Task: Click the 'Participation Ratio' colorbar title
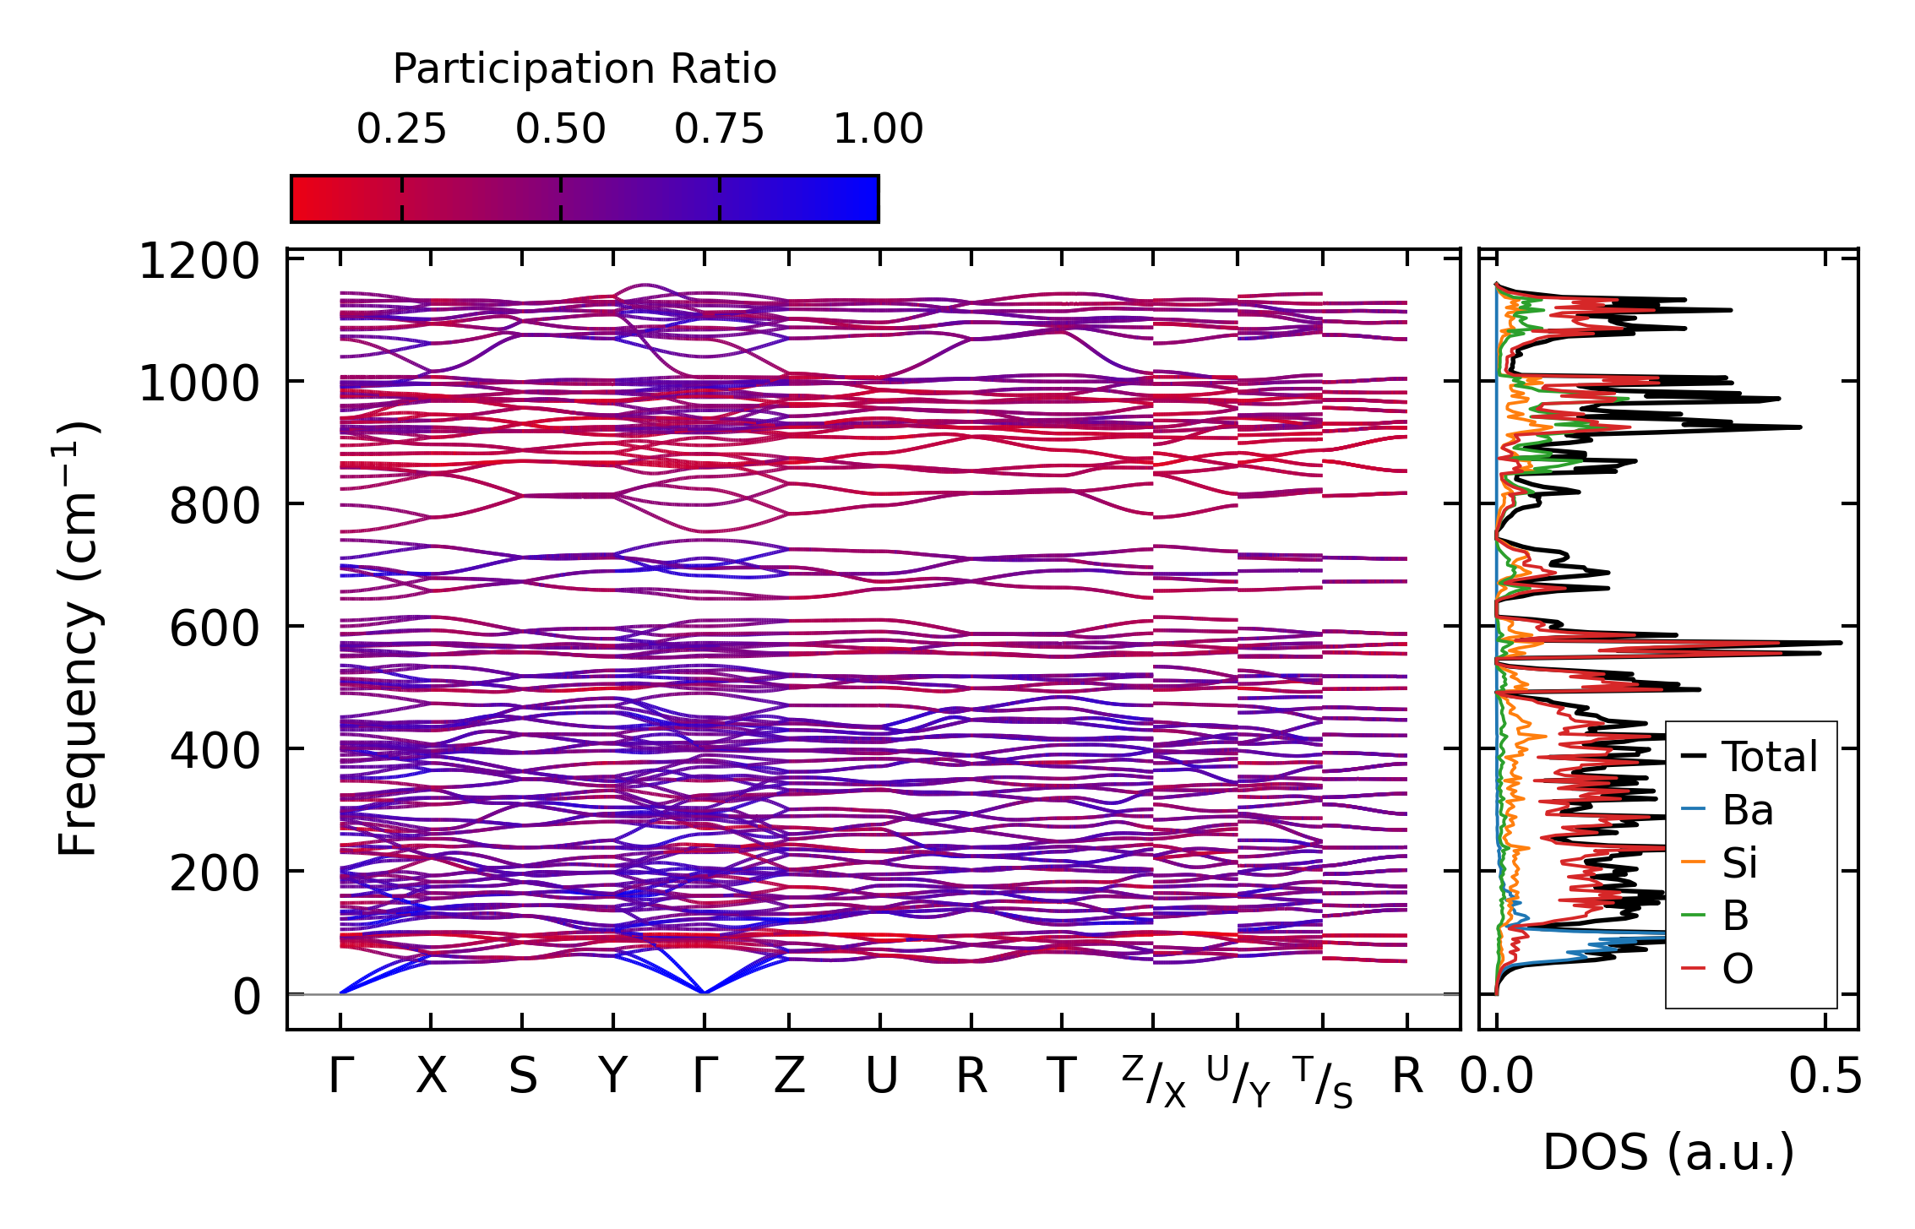(585, 69)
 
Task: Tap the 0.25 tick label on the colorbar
(401, 129)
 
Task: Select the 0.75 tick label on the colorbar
(719, 129)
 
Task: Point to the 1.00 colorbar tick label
(878, 129)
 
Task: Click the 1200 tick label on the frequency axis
(199, 261)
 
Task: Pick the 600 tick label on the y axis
(215, 629)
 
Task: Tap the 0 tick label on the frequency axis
(247, 997)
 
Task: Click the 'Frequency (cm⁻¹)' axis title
(78, 639)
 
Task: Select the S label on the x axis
(522, 1077)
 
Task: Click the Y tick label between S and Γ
(613, 1077)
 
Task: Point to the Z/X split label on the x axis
(1154, 1081)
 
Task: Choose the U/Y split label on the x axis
(1238, 1081)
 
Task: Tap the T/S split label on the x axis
(1323, 1081)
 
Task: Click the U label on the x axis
(881, 1077)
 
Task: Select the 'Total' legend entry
(1770, 757)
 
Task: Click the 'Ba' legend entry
(1747, 811)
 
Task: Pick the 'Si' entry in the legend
(1740, 863)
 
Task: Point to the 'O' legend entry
(1738, 969)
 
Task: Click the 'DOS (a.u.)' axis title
(1668, 1153)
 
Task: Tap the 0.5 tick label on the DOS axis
(1825, 1077)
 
